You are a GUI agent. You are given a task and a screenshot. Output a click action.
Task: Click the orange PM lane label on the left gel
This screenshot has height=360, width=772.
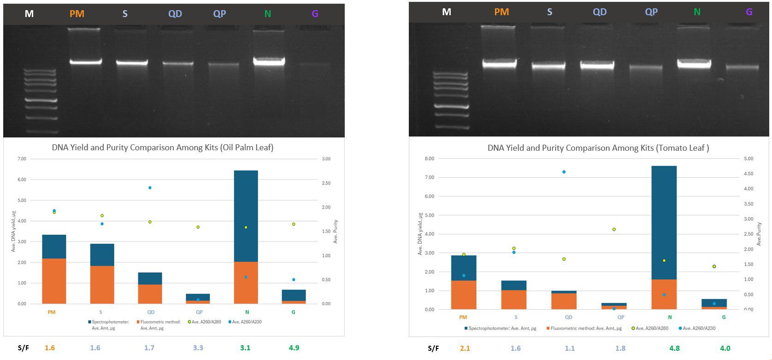click(77, 14)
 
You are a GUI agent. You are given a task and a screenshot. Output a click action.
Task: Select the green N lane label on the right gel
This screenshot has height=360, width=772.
click(697, 12)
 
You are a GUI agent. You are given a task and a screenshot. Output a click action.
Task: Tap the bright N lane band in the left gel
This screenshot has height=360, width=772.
click(269, 61)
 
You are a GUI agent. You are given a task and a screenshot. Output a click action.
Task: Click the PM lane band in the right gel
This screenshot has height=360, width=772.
click(499, 64)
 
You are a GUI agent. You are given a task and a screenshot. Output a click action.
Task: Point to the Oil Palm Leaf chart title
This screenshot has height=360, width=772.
click(162, 148)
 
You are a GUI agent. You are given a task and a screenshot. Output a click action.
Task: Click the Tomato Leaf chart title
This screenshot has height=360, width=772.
click(598, 148)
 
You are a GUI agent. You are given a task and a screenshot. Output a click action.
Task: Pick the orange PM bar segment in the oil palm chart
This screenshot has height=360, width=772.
click(54, 281)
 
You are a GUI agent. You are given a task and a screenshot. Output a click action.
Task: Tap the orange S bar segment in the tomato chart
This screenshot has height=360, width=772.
click(514, 299)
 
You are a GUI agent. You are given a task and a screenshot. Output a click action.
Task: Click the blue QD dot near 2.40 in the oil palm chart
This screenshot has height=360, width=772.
click(150, 188)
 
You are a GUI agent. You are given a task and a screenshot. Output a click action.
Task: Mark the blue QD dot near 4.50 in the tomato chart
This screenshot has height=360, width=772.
click(564, 172)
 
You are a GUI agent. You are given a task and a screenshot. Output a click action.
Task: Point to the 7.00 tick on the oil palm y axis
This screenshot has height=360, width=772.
click(22, 159)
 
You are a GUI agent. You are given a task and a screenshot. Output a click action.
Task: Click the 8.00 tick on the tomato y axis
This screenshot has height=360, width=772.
click(429, 159)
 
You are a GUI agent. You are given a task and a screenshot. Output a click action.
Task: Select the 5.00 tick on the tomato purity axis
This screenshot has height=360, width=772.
click(748, 159)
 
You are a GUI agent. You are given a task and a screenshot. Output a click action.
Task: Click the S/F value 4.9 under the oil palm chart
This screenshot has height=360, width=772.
click(294, 348)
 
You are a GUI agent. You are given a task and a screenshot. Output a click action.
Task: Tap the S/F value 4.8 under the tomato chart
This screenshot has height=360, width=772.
click(674, 348)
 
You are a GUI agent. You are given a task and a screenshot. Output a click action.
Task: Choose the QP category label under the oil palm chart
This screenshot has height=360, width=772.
click(199, 312)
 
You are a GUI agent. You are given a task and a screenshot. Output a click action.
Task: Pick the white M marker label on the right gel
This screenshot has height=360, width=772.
click(446, 12)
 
